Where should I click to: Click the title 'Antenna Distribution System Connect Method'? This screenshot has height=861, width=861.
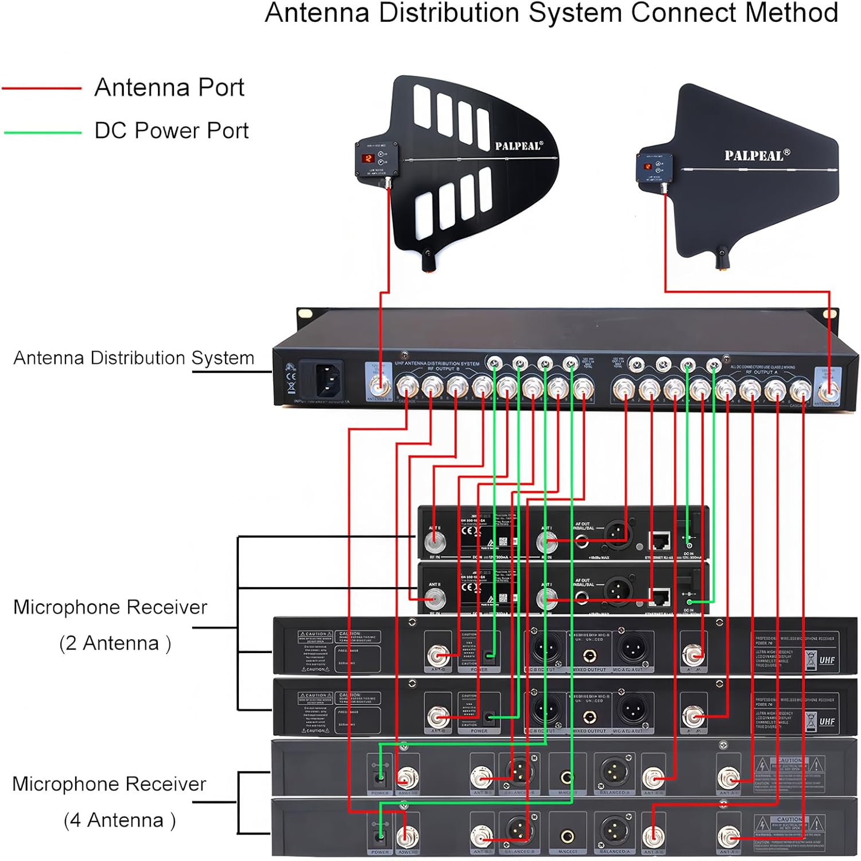[551, 14]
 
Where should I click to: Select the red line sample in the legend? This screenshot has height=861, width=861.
[41, 88]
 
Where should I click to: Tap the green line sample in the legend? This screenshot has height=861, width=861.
[42, 133]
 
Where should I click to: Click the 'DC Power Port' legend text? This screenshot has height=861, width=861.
[171, 131]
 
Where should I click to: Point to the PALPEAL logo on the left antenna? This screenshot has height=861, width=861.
[518, 146]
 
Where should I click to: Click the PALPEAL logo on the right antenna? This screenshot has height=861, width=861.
[757, 155]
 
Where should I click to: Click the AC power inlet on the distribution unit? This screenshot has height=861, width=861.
[321, 377]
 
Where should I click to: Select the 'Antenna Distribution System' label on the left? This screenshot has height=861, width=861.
[134, 358]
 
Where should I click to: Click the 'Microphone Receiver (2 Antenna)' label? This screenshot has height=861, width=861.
[111, 625]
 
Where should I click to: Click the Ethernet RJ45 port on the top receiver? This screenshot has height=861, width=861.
[660, 540]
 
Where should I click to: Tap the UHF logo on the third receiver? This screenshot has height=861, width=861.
[827, 661]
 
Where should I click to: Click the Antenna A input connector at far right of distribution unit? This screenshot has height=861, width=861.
[828, 392]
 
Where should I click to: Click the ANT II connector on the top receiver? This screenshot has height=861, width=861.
[434, 540]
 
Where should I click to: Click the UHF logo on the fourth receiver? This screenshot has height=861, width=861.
[827, 721]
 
